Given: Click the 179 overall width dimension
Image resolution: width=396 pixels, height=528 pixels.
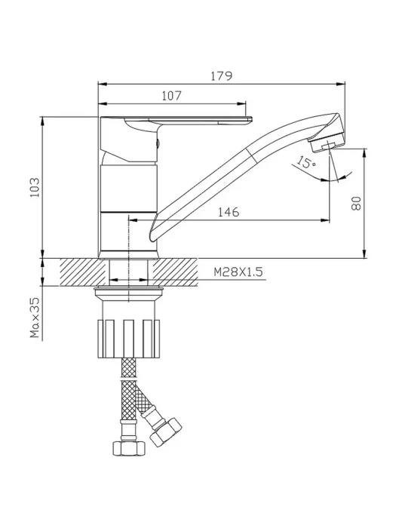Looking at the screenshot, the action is [222, 76].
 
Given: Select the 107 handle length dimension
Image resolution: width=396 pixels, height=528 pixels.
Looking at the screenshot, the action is [172, 96].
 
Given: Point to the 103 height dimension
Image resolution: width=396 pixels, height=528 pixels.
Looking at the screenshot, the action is [35, 187].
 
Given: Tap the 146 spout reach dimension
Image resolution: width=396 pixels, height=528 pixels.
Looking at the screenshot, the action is [229, 212].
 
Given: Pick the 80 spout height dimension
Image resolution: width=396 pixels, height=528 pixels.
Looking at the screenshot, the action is [356, 204].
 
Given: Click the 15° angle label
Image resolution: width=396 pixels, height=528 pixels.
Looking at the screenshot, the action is [305, 161].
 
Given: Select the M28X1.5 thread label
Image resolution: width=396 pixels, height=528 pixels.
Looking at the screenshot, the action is [238, 272].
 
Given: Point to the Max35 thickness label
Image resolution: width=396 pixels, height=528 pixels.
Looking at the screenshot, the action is [35, 318].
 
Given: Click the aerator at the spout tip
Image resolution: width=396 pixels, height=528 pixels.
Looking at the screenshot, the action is [327, 142].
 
